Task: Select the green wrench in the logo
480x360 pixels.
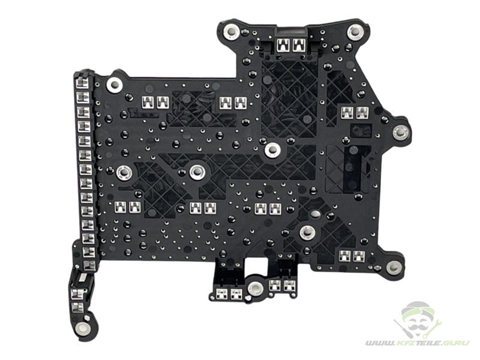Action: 433,328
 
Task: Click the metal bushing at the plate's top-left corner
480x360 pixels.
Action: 232,32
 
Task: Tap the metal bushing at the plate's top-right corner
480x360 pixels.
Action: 355,31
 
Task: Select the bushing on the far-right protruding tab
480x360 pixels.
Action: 401,133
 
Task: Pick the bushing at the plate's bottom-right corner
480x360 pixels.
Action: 394,268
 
